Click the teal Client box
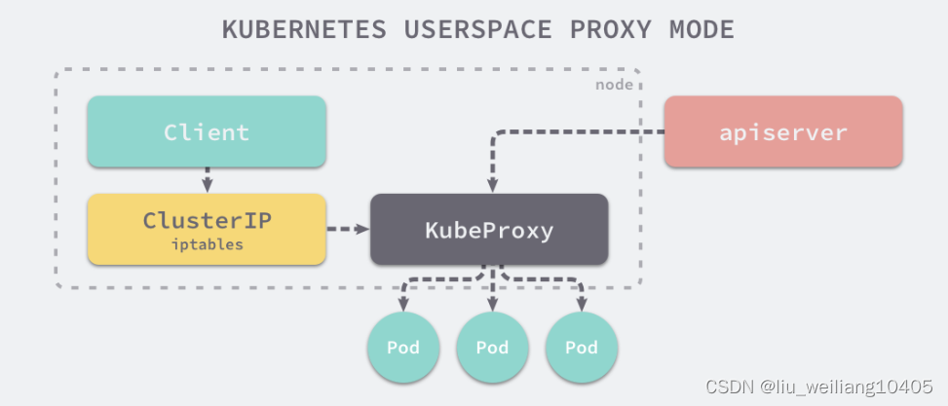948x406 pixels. (207, 132)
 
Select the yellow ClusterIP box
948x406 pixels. (207, 229)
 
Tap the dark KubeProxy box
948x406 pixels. (489, 230)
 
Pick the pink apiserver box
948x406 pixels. (783, 132)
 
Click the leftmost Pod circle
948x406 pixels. (402, 348)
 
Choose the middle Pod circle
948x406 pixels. (492, 348)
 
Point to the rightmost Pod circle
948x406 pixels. (582, 348)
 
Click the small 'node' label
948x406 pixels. (614, 85)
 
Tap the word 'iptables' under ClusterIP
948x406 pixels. (207, 245)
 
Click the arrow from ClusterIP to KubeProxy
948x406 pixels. (347, 230)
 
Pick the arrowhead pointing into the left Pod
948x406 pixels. (402, 304)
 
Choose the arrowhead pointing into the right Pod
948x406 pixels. (582, 304)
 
